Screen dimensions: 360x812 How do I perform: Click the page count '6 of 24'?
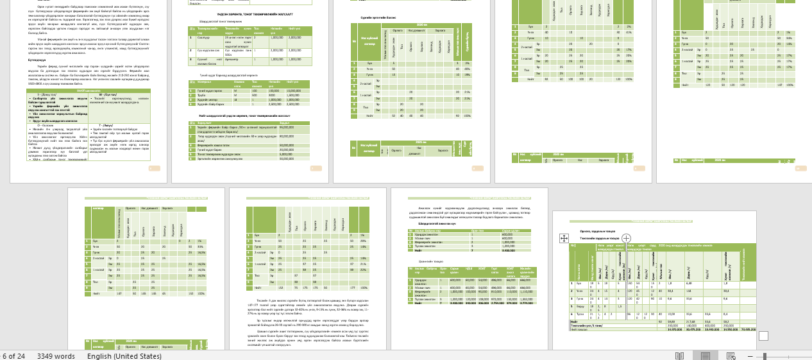pos(13,356)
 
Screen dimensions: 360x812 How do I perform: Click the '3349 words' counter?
pos(56,356)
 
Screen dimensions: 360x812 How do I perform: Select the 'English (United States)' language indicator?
pos(124,356)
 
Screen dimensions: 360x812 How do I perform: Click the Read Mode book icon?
pos(680,356)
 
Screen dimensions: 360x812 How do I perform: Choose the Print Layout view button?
pos(705,356)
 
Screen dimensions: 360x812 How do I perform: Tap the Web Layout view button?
pos(731,356)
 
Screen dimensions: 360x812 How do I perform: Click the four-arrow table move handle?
pos(564,238)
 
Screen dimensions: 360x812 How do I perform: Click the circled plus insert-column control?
pos(627,238)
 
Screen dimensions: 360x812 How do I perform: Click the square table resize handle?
pos(763,336)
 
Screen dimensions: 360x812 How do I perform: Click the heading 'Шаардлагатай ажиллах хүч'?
pos(437,223)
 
